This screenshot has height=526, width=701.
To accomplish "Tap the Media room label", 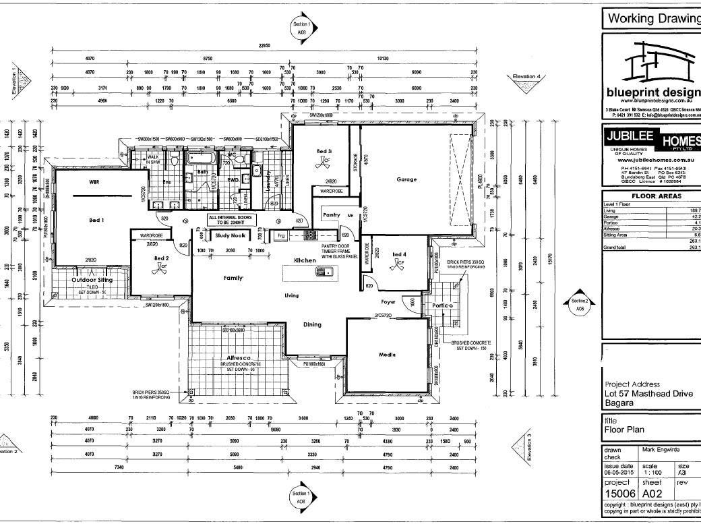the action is coord(386,355).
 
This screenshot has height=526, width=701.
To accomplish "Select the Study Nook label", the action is coord(230,235).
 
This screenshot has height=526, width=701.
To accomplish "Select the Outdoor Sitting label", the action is coord(92,279).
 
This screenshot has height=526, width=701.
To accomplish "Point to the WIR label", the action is coord(94,182).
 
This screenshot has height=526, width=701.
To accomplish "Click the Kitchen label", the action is coord(305,260).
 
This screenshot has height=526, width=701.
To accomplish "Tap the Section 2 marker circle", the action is coord(579,304).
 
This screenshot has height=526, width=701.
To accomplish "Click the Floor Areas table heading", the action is coord(648,196).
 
